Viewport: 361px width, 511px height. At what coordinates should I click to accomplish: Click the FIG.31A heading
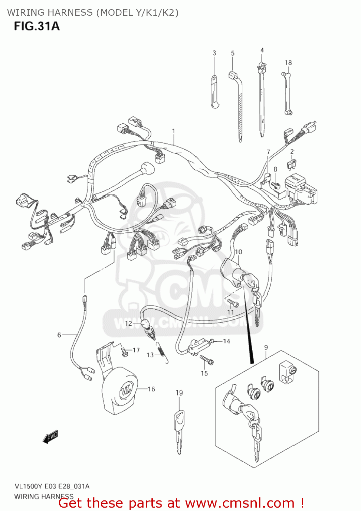click(x=37, y=26)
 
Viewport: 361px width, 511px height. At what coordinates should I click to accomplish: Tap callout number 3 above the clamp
click(x=214, y=53)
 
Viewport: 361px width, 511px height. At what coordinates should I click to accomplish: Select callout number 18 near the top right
click(x=288, y=63)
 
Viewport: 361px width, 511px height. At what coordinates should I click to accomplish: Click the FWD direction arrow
click(x=50, y=437)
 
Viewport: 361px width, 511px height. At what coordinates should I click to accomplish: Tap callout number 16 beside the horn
click(x=151, y=389)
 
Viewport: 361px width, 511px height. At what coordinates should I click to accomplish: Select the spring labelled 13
click(x=163, y=353)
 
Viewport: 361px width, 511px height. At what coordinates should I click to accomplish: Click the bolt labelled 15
click(x=207, y=359)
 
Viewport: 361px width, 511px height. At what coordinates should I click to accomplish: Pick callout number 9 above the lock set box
click(x=266, y=347)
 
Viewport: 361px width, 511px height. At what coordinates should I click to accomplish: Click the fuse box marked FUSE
click(x=300, y=189)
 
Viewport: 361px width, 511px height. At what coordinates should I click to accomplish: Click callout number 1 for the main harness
click(x=174, y=131)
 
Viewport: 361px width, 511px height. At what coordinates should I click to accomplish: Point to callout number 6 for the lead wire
click(x=59, y=335)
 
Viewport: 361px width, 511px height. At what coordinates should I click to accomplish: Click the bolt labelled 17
click(x=124, y=351)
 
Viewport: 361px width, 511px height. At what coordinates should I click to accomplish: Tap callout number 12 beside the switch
click(x=128, y=323)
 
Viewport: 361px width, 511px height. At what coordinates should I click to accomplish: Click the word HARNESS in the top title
click(x=71, y=13)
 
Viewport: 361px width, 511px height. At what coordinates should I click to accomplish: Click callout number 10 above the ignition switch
click(x=239, y=252)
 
